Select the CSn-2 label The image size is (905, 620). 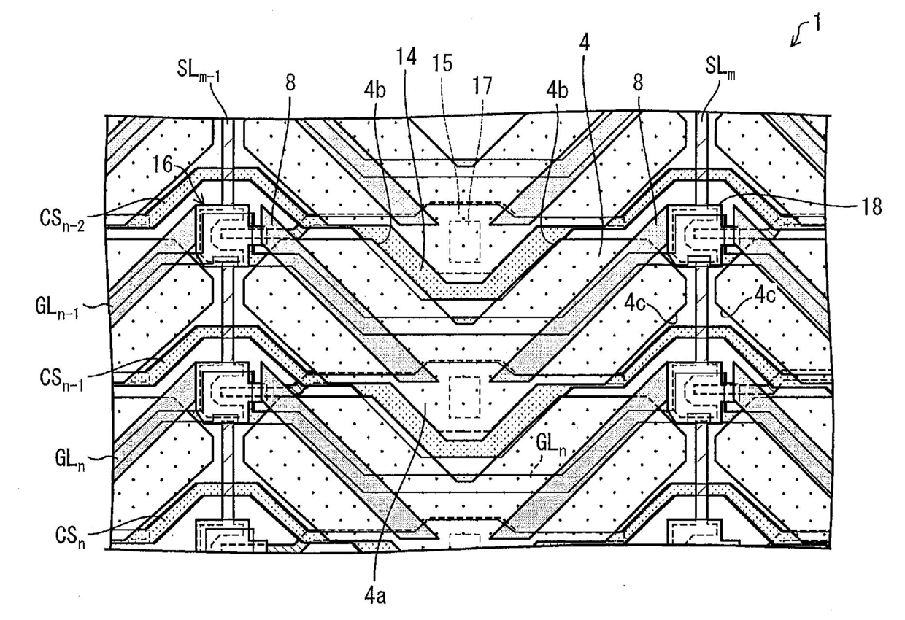(x=62, y=220)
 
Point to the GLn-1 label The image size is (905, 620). (x=57, y=309)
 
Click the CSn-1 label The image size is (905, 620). (x=62, y=379)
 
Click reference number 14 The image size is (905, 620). (x=406, y=57)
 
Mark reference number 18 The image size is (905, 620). (x=871, y=207)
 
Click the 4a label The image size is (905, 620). (x=375, y=597)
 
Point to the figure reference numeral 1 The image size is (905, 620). (x=816, y=24)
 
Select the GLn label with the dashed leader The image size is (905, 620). (x=551, y=445)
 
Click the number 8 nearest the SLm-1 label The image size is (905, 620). (x=290, y=84)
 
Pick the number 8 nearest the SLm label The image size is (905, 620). (x=638, y=84)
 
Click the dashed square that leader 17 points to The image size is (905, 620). (x=465, y=241)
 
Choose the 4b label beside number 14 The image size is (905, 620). (x=375, y=91)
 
